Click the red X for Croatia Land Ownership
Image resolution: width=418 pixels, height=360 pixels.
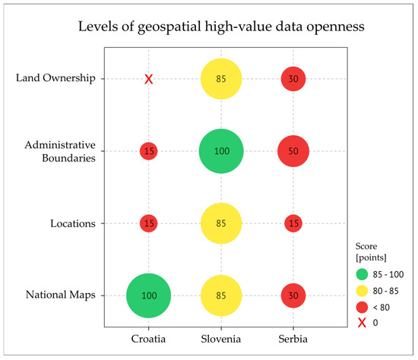(x=149, y=79)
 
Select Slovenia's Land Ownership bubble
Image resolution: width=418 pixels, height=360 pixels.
(x=221, y=79)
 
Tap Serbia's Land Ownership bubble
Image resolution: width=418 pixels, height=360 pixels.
(x=293, y=79)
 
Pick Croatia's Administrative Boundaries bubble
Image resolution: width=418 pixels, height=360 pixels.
(x=149, y=151)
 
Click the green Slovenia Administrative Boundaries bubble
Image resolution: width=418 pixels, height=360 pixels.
(x=221, y=151)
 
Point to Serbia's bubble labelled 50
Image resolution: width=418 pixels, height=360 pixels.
(x=293, y=151)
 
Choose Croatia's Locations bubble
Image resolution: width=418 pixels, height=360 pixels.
(x=149, y=223)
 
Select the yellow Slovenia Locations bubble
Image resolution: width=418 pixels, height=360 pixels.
(x=221, y=223)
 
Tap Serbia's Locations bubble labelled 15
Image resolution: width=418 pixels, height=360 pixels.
(x=293, y=223)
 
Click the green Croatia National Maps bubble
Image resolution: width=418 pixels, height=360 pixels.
(x=149, y=295)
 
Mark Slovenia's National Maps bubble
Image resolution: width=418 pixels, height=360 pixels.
(x=221, y=295)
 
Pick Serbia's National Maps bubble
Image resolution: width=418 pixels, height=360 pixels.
(x=293, y=295)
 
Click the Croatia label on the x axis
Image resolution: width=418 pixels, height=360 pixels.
(x=149, y=336)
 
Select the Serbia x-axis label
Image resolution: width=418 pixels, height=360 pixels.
(x=293, y=336)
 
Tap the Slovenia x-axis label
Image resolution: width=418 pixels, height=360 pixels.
(x=221, y=336)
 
